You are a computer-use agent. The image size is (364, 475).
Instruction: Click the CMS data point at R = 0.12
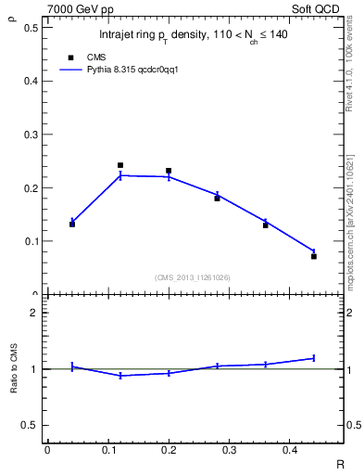tap(120, 165)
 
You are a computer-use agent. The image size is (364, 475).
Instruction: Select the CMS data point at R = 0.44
tap(314, 256)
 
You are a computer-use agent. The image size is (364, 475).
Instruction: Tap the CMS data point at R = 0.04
tap(72, 225)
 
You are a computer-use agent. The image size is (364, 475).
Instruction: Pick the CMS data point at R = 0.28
tap(217, 199)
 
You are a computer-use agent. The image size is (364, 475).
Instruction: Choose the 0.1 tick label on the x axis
tap(107, 450)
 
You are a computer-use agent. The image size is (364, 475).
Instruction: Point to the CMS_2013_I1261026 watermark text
tap(194, 277)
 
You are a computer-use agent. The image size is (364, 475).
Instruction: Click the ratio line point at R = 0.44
tap(314, 358)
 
